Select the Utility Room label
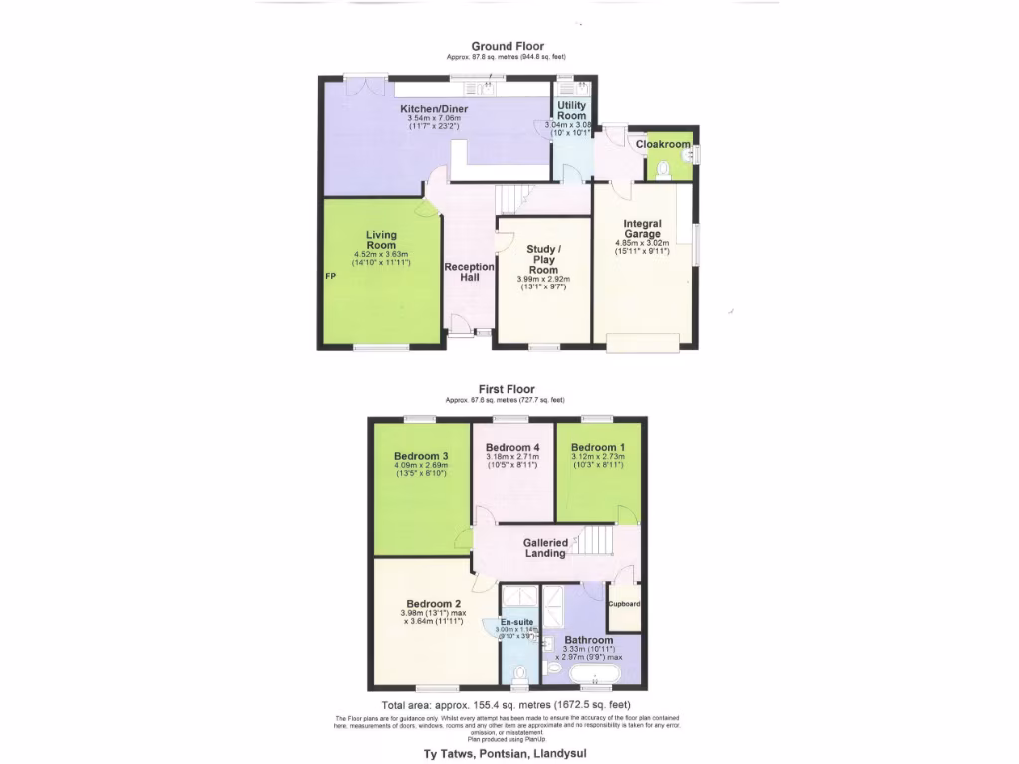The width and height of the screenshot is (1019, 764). pyautogui.click(x=571, y=110)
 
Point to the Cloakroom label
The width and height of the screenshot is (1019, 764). pyautogui.click(x=663, y=144)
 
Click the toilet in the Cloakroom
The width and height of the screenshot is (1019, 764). pyautogui.click(x=663, y=170)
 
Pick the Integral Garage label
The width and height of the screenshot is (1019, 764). pyautogui.click(x=643, y=229)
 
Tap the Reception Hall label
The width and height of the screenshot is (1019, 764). pyautogui.click(x=469, y=272)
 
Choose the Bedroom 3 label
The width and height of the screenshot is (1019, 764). pyautogui.click(x=421, y=456)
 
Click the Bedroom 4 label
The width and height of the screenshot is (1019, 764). pyautogui.click(x=512, y=447)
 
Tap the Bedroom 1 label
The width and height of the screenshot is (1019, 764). pyautogui.click(x=598, y=447)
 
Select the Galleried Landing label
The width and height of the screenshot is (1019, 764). pyautogui.click(x=545, y=548)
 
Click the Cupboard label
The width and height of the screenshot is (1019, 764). pyautogui.click(x=624, y=604)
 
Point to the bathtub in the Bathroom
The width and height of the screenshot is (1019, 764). pyautogui.click(x=594, y=676)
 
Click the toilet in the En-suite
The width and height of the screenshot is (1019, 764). pyautogui.click(x=518, y=676)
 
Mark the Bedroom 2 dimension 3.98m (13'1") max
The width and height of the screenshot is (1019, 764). pyautogui.click(x=433, y=613)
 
